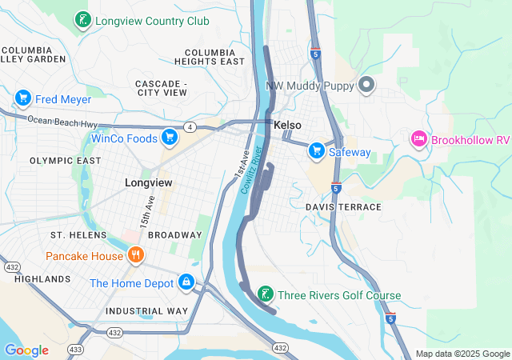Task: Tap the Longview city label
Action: [x=149, y=182]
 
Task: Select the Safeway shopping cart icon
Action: [x=317, y=150]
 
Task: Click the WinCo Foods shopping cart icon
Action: [x=169, y=138]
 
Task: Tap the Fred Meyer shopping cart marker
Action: [x=22, y=98]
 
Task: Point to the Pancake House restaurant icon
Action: [x=136, y=256]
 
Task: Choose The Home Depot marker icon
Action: [x=186, y=282]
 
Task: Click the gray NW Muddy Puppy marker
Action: [x=366, y=85]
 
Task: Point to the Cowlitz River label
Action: [x=254, y=170]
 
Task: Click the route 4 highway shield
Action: [x=190, y=126]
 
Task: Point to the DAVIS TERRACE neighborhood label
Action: [x=343, y=206]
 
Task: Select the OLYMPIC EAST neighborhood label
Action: [x=66, y=161]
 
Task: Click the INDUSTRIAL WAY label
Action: [x=146, y=310]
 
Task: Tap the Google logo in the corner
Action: [x=26, y=350]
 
